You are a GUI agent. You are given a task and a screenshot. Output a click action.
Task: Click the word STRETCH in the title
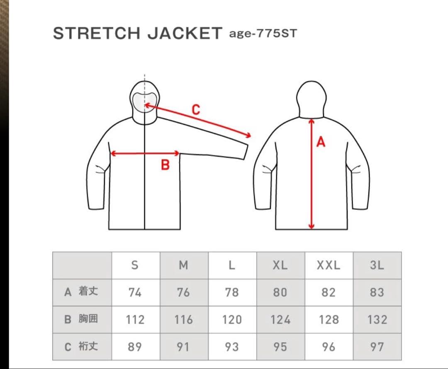pos(97,33)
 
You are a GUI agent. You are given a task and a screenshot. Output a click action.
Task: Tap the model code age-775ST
pos(263,34)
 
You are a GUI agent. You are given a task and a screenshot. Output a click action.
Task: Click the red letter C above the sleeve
pos(196,110)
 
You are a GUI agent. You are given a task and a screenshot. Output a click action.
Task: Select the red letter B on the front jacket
pos(165,165)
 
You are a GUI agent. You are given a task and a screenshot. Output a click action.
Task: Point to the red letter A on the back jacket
pos(321,142)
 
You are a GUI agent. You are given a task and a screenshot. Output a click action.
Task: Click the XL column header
pos(280,265)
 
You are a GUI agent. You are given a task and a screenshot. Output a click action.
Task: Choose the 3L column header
pos(377,265)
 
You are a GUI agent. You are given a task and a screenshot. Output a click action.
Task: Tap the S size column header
pos(135,265)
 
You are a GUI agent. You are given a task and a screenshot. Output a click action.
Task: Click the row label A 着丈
pos(81,292)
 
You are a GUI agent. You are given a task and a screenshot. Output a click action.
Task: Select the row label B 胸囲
pos(81,319)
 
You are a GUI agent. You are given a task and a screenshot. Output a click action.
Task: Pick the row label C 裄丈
pos(81,347)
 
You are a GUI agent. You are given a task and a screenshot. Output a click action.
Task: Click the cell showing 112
pos(135,320)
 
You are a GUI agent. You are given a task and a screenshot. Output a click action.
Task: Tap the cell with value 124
pos(280,320)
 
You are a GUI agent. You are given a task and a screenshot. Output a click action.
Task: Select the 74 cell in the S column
pos(135,292)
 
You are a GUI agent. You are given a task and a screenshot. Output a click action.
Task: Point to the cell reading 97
pos(377,347)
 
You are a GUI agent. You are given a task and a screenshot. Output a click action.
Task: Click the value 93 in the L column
pos(232,347)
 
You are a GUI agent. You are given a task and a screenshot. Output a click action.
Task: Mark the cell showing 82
pos(329,292)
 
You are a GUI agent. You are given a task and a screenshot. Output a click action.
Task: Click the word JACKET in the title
pos(185,33)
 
